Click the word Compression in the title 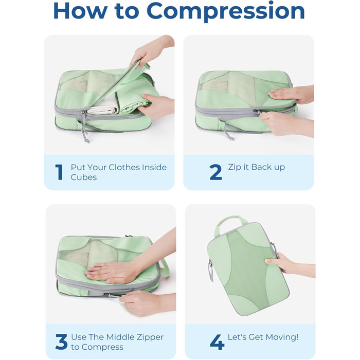(226, 11)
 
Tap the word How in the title (80, 11)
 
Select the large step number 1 (59, 172)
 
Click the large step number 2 (215, 172)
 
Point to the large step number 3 (61, 342)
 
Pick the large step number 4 (217, 342)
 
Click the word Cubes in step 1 (83, 177)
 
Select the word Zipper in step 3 (150, 337)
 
